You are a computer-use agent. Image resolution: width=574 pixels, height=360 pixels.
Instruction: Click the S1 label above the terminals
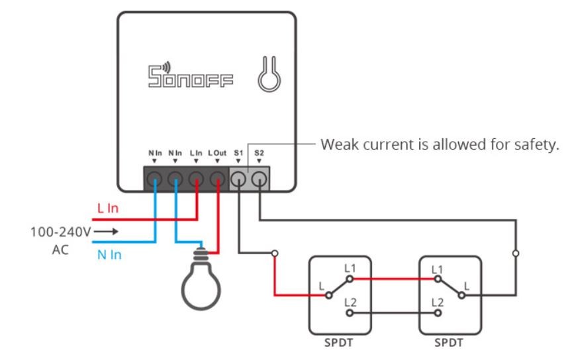(x=238, y=153)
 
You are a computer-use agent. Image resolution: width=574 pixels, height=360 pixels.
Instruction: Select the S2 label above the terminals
(x=259, y=153)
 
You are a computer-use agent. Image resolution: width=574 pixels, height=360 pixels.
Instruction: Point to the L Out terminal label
(x=217, y=153)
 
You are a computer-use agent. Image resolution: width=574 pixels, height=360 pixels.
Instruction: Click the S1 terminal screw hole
(x=238, y=179)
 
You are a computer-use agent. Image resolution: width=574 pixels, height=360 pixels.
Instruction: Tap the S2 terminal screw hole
(x=260, y=179)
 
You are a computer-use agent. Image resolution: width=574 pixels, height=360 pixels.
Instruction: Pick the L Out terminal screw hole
(x=217, y=179)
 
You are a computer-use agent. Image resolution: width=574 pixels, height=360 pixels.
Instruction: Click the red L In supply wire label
(x=108, y=208)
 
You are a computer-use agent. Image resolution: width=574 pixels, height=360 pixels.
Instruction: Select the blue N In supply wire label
(x=109, y=255)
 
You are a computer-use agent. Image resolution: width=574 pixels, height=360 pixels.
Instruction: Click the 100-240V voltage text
(x=60, y=232)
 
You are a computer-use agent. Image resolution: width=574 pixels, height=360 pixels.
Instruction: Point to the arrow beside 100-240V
(x=106, y=231)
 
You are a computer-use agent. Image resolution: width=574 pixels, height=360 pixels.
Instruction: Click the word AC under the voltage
(x=60, y=250)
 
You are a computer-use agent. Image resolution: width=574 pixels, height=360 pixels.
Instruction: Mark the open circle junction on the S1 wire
(x=275, y=253)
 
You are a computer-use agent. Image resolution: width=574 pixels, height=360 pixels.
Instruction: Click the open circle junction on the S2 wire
(x=516, y=253)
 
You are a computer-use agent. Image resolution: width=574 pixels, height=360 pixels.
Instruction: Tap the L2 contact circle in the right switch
(x=438, y=313)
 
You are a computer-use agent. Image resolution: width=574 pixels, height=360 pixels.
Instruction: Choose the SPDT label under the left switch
(x=338, y=343)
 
